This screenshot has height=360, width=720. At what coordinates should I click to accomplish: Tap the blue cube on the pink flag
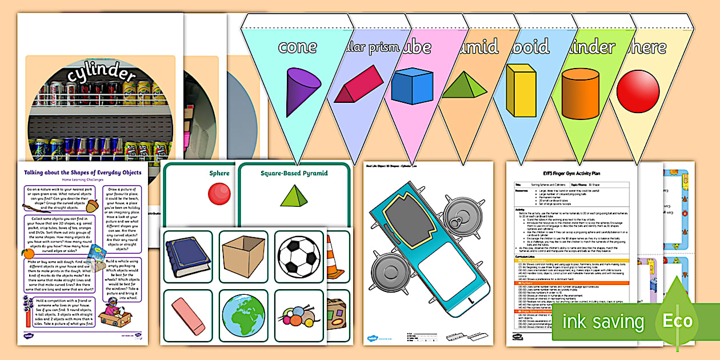pyautogui.click(x=411, y=86)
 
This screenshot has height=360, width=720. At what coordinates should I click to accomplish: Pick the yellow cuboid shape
pyautogui.click(x=521, y=90)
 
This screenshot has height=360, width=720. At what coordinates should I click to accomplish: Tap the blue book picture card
pyautogui.click(x=188, y=257)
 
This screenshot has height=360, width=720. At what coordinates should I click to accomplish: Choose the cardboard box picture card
pyautogui.click(x=243, y=257)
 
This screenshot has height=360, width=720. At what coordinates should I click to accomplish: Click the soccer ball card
pyautogui.click(x=298, y=257)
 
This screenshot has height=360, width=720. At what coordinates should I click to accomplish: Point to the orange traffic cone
pyautogui.click(x=334, y=257)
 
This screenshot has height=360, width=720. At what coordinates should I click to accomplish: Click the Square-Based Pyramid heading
pyautogui.click(x=291, y=173)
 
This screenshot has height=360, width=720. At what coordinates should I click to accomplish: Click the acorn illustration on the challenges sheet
pyautogui.click(x=92, y=204)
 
